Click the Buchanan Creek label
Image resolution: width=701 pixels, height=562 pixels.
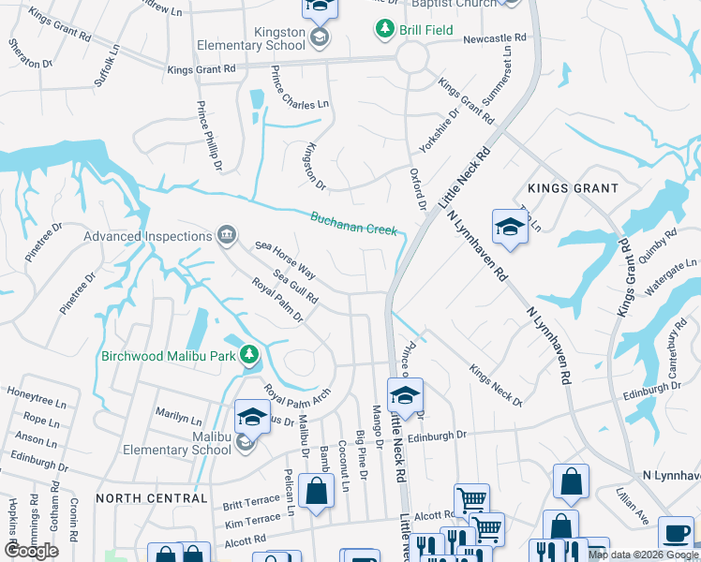353,223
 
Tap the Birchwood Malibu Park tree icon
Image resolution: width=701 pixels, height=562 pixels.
249,355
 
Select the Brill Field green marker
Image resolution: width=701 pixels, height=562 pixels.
384,29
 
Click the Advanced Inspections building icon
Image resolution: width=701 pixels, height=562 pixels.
226,235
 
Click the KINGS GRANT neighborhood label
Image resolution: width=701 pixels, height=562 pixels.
573,188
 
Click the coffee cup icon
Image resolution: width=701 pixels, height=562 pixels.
676,533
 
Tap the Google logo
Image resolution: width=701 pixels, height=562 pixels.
31,551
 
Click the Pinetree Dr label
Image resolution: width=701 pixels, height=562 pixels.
78,292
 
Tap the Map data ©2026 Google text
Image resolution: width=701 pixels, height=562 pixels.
643,555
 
